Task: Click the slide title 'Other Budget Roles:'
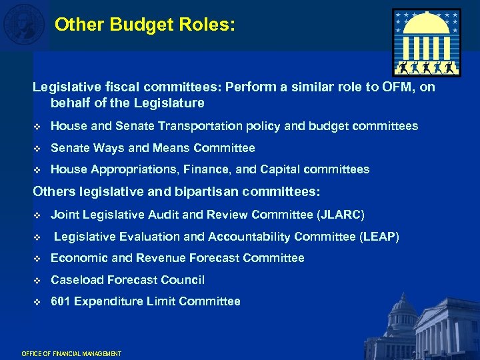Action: tap(145, 25)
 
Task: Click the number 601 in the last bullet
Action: tap(61, 301)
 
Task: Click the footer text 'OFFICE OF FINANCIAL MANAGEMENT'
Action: tap(71, 353)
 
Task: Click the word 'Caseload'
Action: tap(77, 280)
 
